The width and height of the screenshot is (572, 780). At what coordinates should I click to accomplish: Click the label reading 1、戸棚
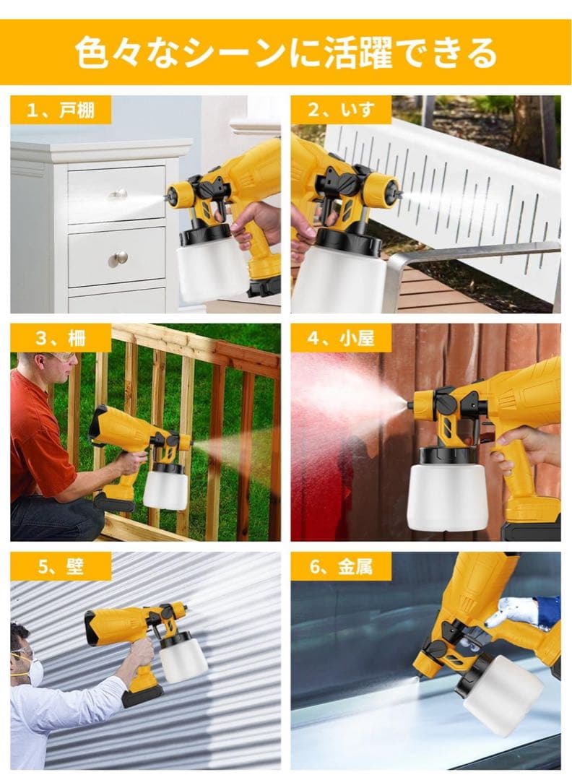click(60, 110)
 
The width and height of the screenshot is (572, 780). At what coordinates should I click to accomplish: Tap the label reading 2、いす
click(340, 110)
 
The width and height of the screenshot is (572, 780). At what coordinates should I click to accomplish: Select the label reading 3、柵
click(61, 338)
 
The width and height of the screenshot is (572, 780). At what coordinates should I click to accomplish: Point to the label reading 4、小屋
click(340, 338)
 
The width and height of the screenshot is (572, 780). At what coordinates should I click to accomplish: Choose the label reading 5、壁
click(61, 566)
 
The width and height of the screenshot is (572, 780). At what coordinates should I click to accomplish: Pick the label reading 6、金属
click(340, 566)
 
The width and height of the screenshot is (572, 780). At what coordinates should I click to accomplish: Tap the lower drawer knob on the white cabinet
click(119, 258)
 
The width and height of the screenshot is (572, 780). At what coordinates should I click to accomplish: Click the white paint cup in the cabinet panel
click(211, 269)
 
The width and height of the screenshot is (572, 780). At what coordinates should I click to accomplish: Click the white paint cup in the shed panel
click(445, 495)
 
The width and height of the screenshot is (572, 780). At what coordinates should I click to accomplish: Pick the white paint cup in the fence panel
click(165, 490)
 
